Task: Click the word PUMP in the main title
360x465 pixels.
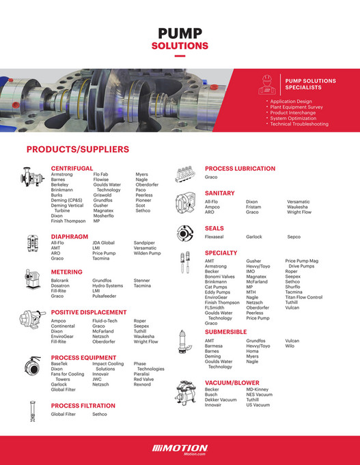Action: (x=180, y=34)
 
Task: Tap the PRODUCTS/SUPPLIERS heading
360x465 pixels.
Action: (x=78, y=149)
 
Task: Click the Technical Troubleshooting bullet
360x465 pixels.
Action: (x=299, y=124)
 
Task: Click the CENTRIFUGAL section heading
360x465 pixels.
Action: (x=72, y=168)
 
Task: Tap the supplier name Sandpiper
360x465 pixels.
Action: (x=145, y=242)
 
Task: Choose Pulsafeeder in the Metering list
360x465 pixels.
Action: (x=106, y=296)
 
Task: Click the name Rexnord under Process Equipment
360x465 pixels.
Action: (x=143, y=384)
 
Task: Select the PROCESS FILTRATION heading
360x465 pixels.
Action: (x=83, y=406)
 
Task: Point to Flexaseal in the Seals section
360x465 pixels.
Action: (x=214, y=237)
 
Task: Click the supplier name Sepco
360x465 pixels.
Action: (x=294, y=237)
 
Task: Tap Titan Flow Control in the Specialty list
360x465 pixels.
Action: (x=304, y=297)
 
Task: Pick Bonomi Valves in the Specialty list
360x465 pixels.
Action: (x=220, y=277)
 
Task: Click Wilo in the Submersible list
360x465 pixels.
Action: (x=290, y=346)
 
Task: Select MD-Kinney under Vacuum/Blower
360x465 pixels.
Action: (x=258, y=389)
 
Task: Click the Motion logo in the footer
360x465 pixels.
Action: (x=180, y=449)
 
